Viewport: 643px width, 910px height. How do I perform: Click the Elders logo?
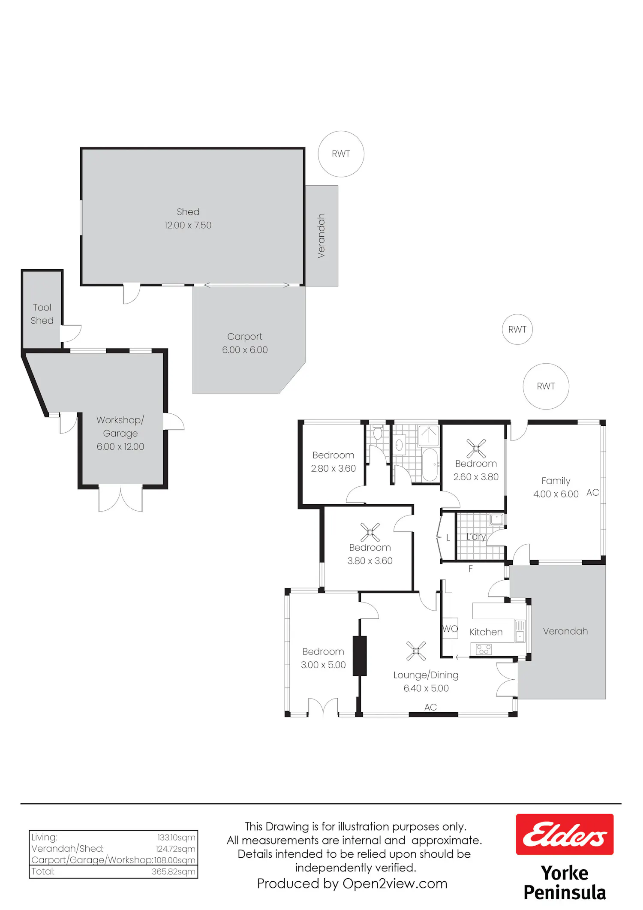coord(565,834)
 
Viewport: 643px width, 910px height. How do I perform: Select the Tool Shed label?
coord(42,314)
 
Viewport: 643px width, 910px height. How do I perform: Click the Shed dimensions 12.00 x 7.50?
coord(188,225)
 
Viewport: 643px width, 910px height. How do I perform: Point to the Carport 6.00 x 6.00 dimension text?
coord(245,350)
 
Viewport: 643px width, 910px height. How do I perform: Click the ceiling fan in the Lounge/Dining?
coord(416,651)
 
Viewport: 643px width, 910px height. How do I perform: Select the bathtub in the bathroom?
coord(430,465)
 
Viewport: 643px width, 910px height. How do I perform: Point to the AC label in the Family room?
coord(592,493)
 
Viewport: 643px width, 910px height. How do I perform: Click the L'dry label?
coord(476,536)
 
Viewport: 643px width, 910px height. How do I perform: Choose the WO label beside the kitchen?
coord(450,629)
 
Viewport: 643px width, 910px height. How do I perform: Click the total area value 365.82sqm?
coord(174,871)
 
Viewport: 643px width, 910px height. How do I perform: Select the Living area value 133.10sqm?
coord(176,837)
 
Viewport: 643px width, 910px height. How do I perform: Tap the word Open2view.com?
coord(395,883)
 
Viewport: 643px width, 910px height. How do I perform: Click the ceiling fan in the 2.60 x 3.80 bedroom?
coord(476,448)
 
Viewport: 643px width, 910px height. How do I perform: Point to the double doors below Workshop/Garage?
coord(120,498)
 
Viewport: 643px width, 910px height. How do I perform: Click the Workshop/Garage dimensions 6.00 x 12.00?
coord(120,447)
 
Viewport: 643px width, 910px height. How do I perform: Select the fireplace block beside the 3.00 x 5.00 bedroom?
coord(360,656)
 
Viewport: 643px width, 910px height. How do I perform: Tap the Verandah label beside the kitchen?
coord(565,631)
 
